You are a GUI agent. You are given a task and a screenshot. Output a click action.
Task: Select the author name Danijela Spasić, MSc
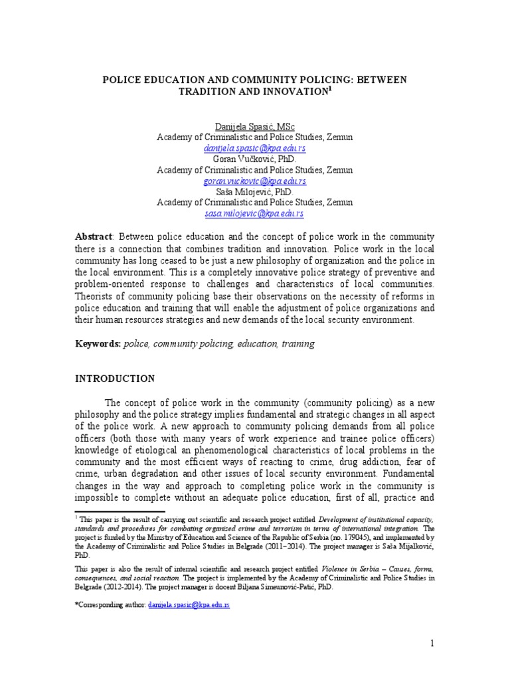(x=255, y=126)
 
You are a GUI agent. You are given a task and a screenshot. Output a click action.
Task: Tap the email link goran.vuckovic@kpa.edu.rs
(x=255, y=181)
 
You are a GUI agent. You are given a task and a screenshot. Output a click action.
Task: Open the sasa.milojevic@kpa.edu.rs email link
(x=255, y=213)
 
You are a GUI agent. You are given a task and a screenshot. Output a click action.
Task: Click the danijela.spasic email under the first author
(x=255, y=148)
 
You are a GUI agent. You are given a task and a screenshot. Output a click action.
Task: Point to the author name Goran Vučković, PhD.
(x=255, y=159)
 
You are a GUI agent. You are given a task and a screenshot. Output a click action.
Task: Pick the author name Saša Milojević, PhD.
(x=255, y=191)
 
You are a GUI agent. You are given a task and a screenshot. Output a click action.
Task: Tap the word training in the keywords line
(x=298, y=344)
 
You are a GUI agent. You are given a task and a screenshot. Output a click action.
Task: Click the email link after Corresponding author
(x=189, y=606)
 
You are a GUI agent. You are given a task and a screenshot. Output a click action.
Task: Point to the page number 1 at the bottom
(x=432, y=643)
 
